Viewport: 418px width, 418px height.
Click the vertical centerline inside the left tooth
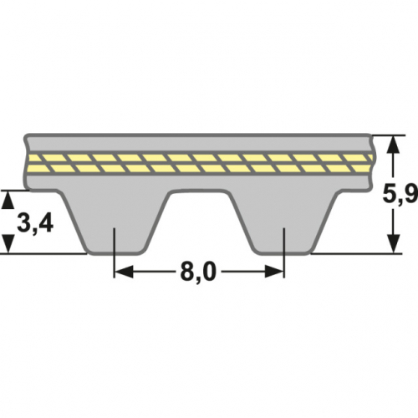coord(115,242)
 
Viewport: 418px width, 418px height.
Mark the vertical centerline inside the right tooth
coord(285,242)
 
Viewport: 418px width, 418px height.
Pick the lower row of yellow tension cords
coord(200,168)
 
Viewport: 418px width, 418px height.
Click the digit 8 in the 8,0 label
coord(186,272)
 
